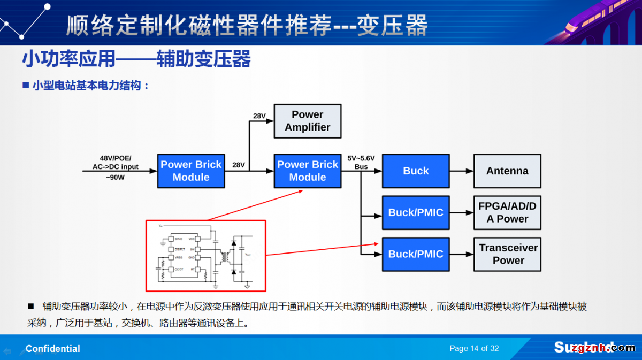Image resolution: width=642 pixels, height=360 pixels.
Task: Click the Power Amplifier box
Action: click(307, 121)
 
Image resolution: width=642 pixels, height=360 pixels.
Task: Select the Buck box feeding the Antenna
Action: click(415, 171)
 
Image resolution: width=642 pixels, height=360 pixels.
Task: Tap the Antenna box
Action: click(507, 171)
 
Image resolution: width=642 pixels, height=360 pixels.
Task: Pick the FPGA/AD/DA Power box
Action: click(507, 212)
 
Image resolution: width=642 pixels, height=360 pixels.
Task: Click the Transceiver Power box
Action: click(508, 254)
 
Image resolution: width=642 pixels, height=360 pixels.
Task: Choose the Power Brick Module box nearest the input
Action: click(191, 171)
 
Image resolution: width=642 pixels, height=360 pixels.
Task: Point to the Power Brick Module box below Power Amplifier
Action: click(307, 171)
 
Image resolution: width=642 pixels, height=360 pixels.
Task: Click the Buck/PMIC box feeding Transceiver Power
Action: click(415, 254)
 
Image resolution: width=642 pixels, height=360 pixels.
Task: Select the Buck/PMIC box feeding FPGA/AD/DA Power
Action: click(415, 212)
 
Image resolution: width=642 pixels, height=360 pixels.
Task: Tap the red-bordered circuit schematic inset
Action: click(206, 255)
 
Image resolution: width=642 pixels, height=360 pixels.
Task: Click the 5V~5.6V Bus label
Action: click(361, 163)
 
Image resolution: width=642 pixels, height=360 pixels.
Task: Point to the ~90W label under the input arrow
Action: click(114, 178)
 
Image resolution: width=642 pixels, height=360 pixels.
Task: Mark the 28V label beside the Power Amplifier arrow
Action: click(259, 116)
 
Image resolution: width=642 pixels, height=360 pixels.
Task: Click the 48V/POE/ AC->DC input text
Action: click(115, 163)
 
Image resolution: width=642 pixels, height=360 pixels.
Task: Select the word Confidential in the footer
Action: click(53, 349)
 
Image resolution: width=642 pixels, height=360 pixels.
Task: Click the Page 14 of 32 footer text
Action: click(474, 348)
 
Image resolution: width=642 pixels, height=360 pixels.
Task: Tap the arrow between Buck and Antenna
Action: click(461, 171)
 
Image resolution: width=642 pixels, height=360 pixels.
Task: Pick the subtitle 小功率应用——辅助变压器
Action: click(136, 59)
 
